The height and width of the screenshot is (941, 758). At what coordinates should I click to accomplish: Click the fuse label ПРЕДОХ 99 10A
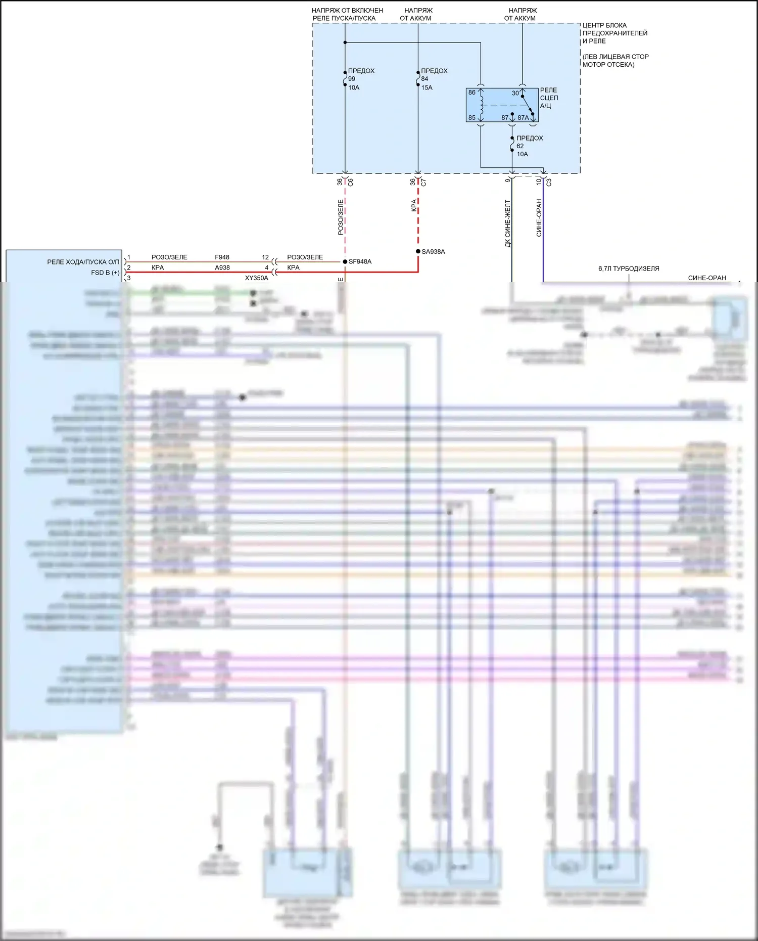point(360,79)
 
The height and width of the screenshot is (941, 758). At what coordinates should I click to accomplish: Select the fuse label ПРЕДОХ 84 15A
point(434,79)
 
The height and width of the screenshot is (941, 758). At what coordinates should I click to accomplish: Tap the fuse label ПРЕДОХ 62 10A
point(529,146)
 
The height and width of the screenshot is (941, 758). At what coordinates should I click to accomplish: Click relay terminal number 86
point(471,93)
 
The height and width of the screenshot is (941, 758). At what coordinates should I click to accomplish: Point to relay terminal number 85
point(471,118)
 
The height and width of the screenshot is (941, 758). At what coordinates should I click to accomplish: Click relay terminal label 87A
point(523,118)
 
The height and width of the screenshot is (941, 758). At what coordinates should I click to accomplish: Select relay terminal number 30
point(515,93)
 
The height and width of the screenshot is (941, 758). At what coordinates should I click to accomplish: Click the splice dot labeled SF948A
point(345,261)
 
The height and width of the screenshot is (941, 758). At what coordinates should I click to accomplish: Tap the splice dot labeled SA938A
point(418,251)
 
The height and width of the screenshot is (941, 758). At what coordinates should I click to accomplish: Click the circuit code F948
point(222,257)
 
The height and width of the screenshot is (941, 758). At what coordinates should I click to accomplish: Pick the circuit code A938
point(222,267)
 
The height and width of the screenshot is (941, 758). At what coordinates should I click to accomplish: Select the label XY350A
point(256,278)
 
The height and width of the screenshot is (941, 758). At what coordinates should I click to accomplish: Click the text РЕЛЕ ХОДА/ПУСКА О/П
point(83,262)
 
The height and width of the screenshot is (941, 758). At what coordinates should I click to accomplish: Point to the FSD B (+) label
point(105,273)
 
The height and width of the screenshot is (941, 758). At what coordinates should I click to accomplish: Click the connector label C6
point(351,182)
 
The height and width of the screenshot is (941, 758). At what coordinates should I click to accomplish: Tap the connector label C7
point(423,182)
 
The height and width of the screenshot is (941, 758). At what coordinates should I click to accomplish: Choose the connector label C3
point(549,182)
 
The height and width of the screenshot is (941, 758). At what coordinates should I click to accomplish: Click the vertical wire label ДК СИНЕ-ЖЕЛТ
point(508,223)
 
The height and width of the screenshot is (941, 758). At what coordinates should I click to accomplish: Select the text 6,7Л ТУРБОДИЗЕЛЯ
point(629,268)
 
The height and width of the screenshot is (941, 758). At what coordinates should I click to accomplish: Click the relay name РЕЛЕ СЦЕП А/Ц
point(549,98)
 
